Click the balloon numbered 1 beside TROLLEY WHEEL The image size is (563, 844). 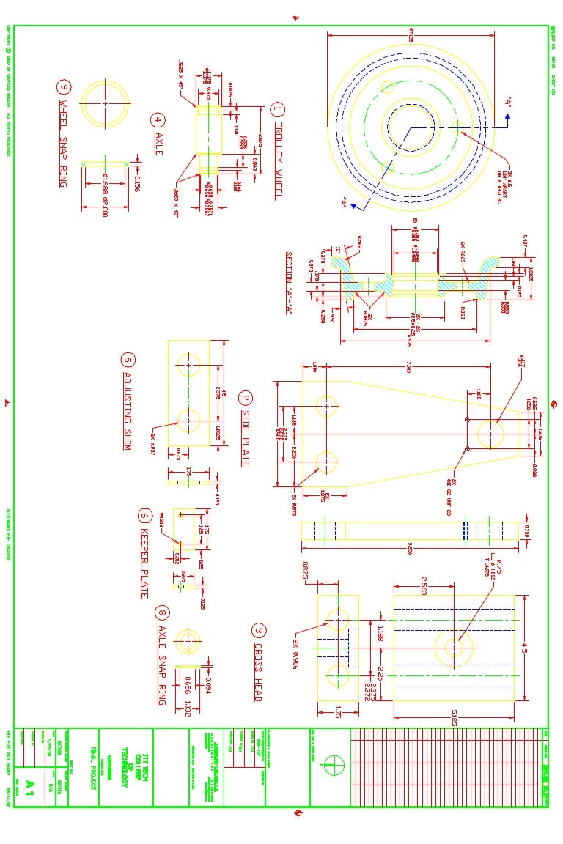(277, 110)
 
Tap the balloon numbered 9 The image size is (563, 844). (64, 86)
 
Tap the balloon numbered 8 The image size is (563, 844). (162, 612)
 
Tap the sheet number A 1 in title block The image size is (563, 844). (30, 785)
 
